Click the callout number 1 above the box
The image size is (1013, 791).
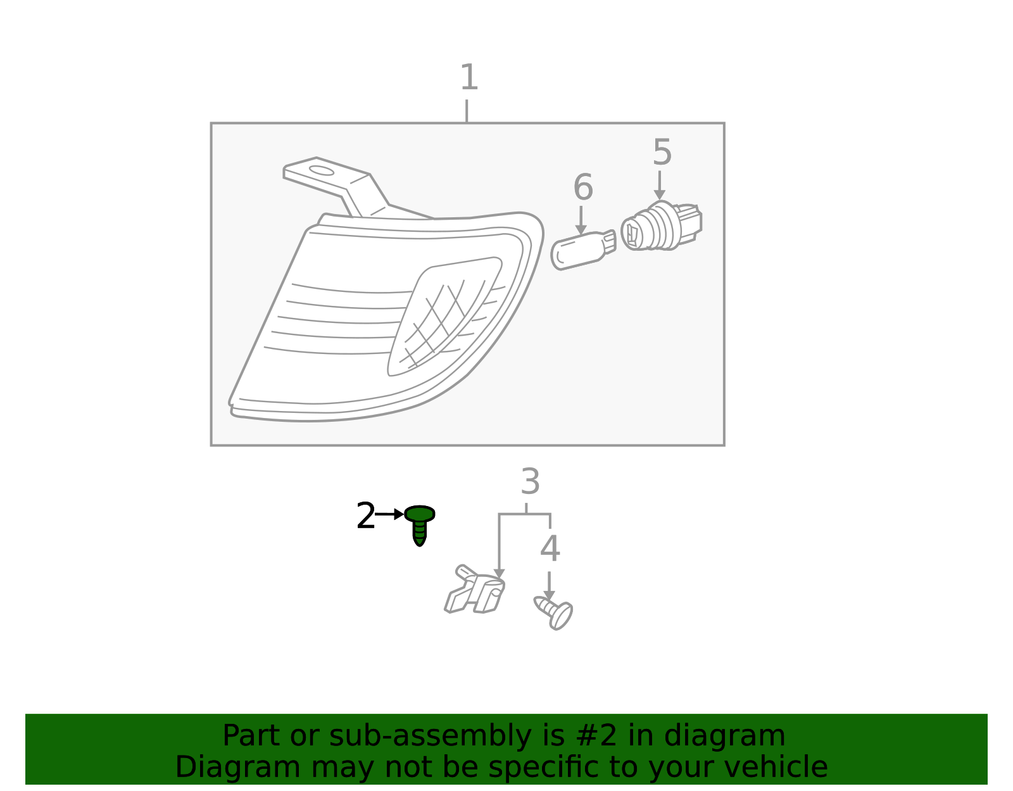tap(469, 77)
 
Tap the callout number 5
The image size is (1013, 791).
tap(662, 153)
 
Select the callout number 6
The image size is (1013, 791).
tap(582, 187)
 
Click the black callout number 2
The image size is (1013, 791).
tap(365, 516)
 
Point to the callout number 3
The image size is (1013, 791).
tap(530, 481)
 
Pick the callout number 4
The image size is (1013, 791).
tap(550, 548)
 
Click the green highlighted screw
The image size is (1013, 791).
tap(420, 524)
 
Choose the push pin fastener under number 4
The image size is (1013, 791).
tap(554, 612)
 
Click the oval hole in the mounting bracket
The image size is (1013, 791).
tap(322, 170)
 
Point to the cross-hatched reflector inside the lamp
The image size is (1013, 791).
tap(443, 317)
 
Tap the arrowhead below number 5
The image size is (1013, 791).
tap(659, 195)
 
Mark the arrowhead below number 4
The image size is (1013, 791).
tap(549, 596)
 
